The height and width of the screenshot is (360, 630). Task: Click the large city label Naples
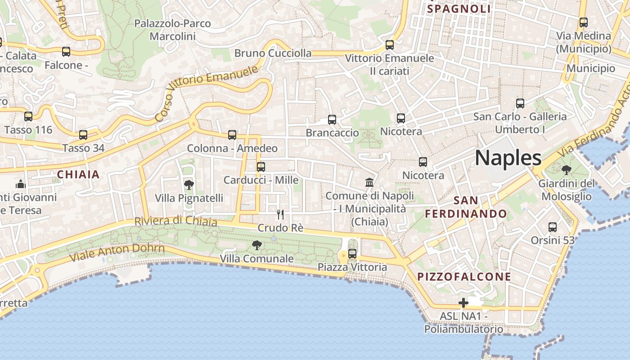click(x=508, y=158)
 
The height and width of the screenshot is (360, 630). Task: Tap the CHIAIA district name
click(x=78, y=175)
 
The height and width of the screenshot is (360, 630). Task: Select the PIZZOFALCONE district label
click(x=464, y=276)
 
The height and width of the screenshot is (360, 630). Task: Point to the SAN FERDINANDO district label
click(x=466, y=207)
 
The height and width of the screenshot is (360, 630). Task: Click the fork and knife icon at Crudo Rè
click(x=280, y=214)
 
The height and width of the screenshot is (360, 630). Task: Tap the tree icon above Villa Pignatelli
click(x=189, y=184)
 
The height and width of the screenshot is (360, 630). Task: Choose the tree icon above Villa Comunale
click(x=256, y=245)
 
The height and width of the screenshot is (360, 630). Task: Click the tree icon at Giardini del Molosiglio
click(x=566, y=170)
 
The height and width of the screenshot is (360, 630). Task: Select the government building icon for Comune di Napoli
click(x=369, y=182)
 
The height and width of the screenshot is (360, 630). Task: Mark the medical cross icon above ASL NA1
click(x=463, y=303)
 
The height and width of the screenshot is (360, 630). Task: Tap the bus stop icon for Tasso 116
click(x=28, y=117)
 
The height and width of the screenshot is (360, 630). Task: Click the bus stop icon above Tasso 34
click(x=83, y=135)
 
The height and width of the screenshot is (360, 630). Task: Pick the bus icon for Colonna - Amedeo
click(x=232, y=135)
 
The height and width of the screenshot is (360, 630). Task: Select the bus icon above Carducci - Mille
click(x=261, y=167)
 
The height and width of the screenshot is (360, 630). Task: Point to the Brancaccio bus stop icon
click(x=332, y=119)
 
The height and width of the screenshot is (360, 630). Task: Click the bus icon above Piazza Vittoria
click(x=352, y=254)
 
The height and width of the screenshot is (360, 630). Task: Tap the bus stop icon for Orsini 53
click(x=553, y=227)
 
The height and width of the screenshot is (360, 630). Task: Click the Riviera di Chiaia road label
click(x=176, y=221)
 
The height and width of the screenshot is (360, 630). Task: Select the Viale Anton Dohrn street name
click(x=117, y=252)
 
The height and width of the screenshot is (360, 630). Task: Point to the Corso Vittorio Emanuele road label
click(x=207, y=93)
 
